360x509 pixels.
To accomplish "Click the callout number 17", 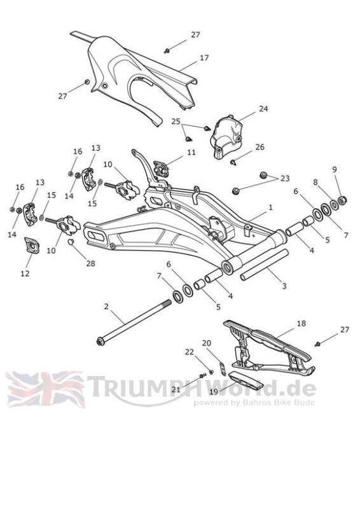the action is [x=204, y=58].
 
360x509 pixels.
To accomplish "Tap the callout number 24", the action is [x=263, y=109].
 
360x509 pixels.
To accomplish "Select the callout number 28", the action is [x=90, y=263].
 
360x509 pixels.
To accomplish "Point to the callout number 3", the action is [x=284, y=286].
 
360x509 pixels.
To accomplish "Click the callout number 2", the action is [x=106, y=307].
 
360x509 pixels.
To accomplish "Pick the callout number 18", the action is [x=301, y=323].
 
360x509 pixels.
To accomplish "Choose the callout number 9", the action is [x=335, y=169].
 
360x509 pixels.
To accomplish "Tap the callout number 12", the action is [x=25, y=274].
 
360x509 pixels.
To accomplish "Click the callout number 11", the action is [x=191, y=152].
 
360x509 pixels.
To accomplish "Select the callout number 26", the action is [x=260, y=147].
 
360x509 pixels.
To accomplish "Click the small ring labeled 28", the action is [x=71, y=242].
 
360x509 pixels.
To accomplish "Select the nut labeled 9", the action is [x=343, y=200].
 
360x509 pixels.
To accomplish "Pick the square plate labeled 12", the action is [x=32, y=246].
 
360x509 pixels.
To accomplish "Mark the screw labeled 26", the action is [x=233, y=162].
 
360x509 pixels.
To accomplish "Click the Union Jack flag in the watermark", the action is [x=45, y=389].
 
